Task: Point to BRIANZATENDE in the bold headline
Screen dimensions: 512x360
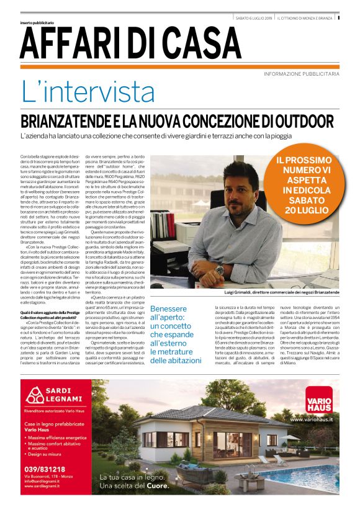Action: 73,120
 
